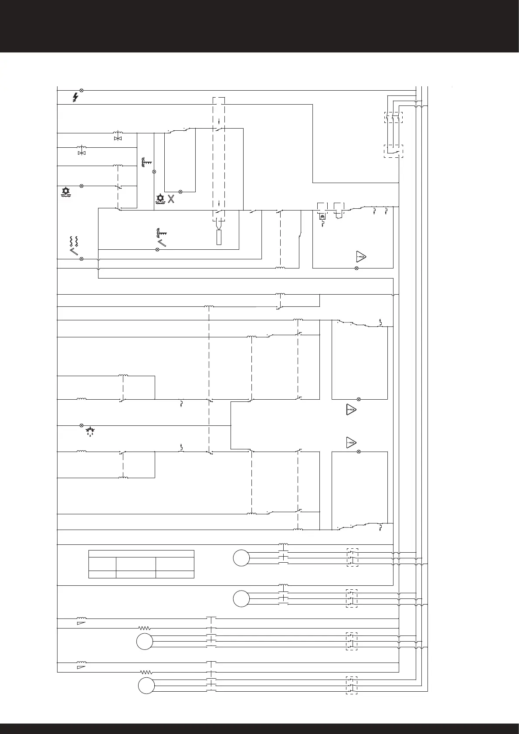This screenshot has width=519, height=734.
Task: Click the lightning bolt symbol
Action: click(x=75, y=98)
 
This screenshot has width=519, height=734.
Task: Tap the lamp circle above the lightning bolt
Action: click(x=81, y=90)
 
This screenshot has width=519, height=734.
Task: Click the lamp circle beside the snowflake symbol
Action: click(x=81, y=425)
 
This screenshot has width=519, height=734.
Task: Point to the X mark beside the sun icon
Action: click(x=171, y=200)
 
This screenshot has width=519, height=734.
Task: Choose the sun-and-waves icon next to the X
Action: click(x=160, y=200)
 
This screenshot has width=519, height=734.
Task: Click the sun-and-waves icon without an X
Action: click(x=66, y=192)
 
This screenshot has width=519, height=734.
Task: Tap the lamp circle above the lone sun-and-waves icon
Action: click(x=81, y=186)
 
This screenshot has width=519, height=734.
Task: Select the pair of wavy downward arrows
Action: click(x=74, y=241)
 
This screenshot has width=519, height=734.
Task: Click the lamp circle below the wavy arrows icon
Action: click(x=81, y=259)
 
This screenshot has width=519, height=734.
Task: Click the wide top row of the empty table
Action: click(x=141, y=554)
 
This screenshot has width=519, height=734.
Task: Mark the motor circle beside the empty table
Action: click(x=241, y=558)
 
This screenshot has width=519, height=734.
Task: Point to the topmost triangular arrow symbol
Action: click(x=360, y=257)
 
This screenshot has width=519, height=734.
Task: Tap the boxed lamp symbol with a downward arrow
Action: click(x=322, y=217)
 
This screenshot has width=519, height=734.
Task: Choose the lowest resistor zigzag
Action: click(x=146, y=673)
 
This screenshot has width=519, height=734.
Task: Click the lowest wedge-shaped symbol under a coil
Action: click(x=81, y=667)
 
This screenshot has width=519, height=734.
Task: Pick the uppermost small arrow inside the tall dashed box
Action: click(x=219, y=122)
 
